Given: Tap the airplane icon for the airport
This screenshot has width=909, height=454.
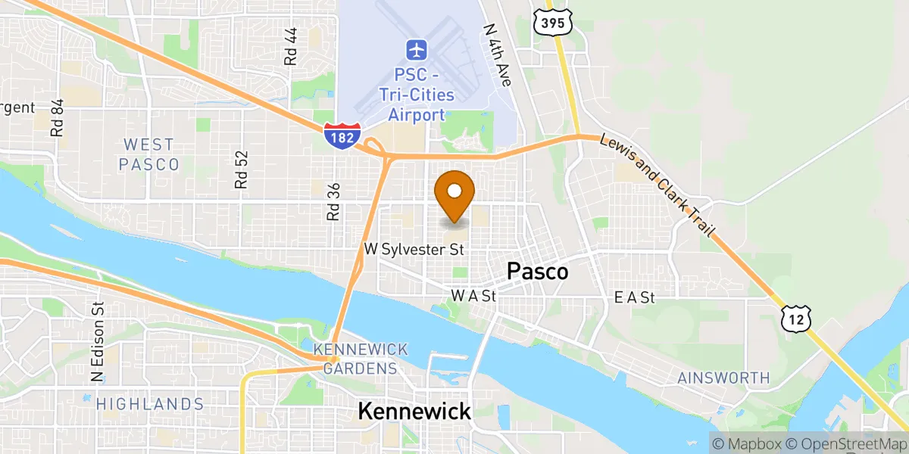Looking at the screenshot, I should click(416, 51).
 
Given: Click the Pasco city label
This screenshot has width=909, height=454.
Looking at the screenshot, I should click(538, 272).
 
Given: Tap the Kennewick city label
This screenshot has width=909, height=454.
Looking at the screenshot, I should click(414, 412).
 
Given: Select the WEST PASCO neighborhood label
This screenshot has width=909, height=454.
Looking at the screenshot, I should click(149, 154).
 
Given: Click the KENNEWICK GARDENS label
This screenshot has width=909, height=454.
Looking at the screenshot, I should click(361, 359).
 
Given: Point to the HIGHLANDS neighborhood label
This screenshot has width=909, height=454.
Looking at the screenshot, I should click(150, 404).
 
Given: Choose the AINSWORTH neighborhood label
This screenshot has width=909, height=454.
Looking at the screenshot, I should click(723, 378).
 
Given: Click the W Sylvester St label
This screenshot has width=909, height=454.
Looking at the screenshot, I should click(414, 249).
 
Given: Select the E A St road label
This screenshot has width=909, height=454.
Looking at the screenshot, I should click(634, 298).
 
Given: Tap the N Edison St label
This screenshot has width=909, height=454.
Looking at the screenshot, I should click(97, 342).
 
